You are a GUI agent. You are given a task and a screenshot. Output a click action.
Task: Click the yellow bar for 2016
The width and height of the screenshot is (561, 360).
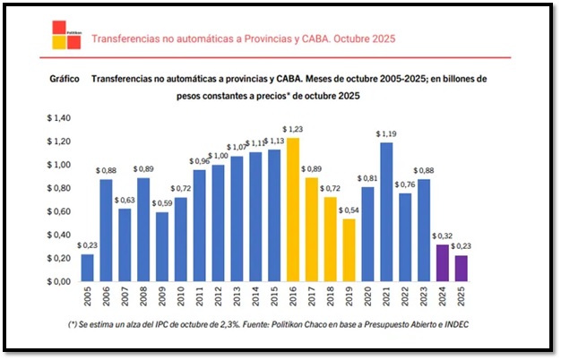(293, 210)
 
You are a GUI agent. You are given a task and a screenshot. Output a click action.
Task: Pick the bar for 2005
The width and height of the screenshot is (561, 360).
(88, 268)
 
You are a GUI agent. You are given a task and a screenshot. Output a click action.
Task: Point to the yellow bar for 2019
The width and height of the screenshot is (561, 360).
(349, 250)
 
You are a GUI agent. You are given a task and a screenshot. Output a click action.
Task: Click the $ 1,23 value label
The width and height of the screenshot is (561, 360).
(294, 130)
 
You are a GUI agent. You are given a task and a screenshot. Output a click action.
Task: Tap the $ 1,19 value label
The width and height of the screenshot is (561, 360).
(387, 134)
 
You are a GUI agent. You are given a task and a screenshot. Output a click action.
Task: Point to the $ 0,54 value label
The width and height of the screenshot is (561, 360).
(350, 210)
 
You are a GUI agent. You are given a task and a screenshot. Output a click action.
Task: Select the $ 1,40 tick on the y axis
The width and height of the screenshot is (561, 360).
(60, 118)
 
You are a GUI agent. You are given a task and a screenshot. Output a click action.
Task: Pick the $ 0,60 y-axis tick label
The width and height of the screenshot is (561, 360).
(60, 211)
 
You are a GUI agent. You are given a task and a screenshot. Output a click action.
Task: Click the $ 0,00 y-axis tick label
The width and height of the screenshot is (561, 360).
(60, 281)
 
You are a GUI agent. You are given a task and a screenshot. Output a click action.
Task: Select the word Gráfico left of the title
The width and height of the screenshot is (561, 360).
(65, 79)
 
